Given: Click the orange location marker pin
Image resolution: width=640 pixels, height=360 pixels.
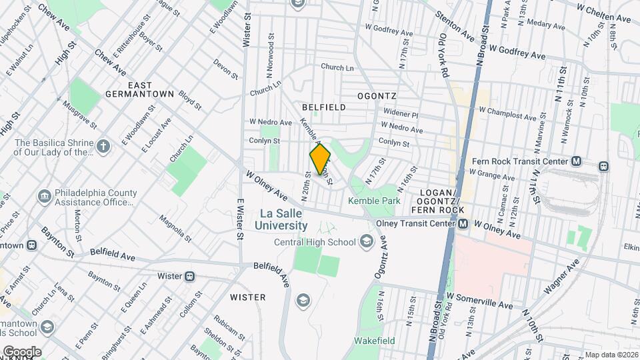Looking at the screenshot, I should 321,159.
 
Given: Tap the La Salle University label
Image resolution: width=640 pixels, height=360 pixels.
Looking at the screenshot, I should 281,219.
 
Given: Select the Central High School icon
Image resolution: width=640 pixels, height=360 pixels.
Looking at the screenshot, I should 366,241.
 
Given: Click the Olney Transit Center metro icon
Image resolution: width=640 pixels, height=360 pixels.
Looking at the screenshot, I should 462,225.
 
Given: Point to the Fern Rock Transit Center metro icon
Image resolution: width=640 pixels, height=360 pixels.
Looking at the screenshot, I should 577,161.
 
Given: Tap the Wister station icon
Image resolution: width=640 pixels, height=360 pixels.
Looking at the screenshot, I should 190,276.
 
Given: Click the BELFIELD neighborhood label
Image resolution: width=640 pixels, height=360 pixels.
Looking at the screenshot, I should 323,107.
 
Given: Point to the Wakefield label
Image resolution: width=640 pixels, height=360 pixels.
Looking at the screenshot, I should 374,341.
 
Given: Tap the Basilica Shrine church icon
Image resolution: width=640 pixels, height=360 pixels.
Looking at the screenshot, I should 103,146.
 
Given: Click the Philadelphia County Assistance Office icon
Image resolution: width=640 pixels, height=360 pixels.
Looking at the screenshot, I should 45,197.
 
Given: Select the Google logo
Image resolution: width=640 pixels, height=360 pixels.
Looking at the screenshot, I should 21,351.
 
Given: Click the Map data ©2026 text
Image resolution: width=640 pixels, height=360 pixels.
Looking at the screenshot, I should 611,355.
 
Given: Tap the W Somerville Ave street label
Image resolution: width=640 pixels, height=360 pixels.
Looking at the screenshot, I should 479,301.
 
